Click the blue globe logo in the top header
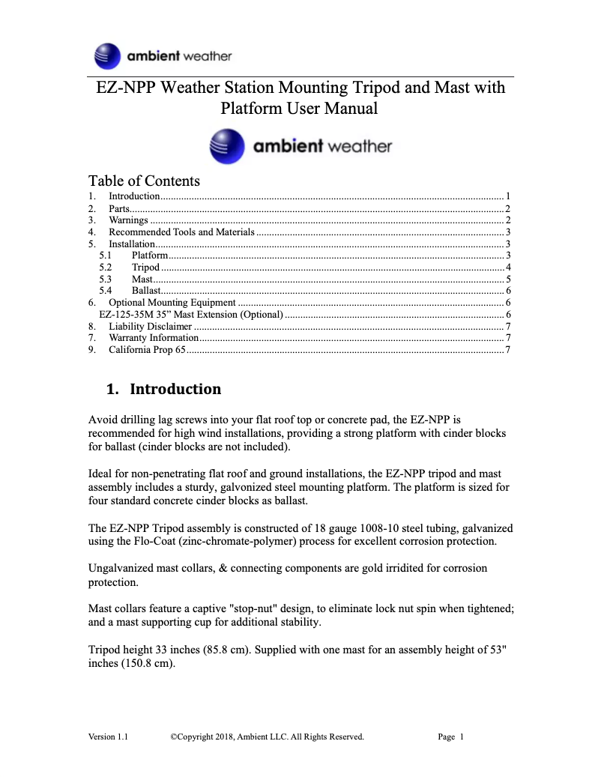(107, 56)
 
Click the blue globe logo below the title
(227, 146)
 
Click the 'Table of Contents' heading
(144, 181)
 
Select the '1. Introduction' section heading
(164, 389)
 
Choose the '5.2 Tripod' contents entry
(145, 267)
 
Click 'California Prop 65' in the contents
(147, 349)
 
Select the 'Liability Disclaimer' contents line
(150, 326)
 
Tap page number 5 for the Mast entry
(508, 279)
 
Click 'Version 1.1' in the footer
(108, 737)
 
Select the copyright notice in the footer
(267, 737)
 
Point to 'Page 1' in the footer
(450, 737)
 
